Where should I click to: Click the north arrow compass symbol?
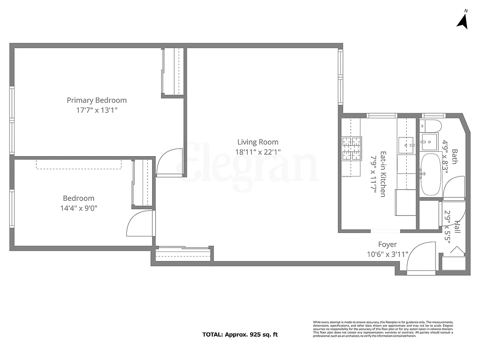click(462, 20)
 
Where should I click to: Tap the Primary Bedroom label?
click(97, 100)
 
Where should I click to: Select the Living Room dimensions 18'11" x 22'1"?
click(258, 152)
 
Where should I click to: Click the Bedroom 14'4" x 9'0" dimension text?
click(79, 208)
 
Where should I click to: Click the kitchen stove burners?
click(351, 148)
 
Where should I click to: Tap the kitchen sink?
click(406, 145)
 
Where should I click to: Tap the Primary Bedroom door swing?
click(170, 162)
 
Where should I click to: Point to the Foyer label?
click(387, 245)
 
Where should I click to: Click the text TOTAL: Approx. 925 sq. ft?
click(240, 335)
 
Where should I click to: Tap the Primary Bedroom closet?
click(173, 72)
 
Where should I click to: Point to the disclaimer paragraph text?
click(383, 329)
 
